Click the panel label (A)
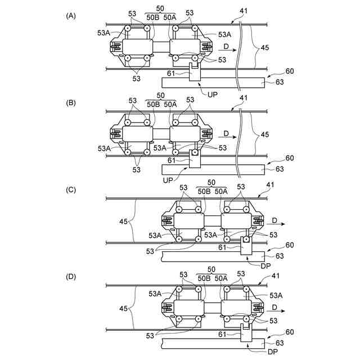[x=71, y=16]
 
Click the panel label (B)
[x=71, y=103]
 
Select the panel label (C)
[x=71, y=190]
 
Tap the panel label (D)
[x=71, y=277]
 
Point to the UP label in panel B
[x=168, y=180]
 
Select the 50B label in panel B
[x=152, y=105]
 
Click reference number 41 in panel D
[x=276, y=276]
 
